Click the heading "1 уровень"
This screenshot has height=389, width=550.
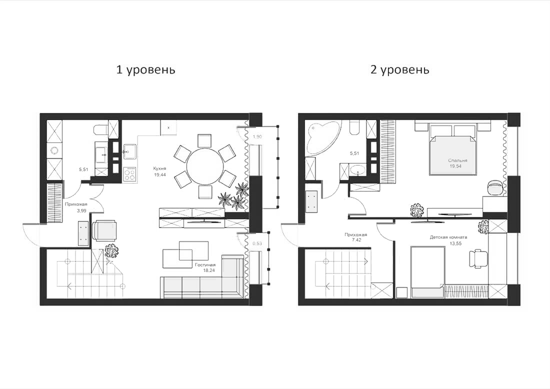[x=145, y=69]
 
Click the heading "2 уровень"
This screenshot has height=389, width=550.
[x=399, y=69]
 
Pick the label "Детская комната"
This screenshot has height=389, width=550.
[x=448, y=238]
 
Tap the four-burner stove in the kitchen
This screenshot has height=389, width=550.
[x=129, y=173]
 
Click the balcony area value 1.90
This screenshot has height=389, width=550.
[x=257, y=136]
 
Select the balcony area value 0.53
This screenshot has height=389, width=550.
[x=257, y=243]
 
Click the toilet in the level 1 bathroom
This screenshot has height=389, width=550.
[x=100, y=129]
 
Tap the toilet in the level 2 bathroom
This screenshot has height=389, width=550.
[x=354, y=129]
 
